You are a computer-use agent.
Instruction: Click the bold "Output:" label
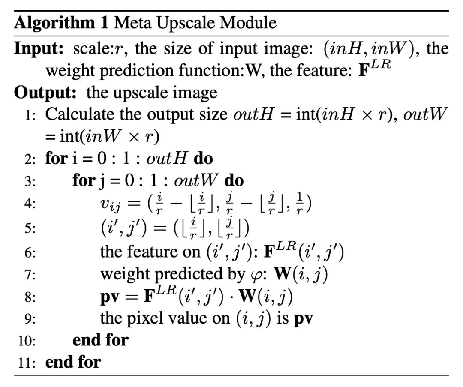(x=46, y=92)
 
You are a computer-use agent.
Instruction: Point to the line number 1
(x=30, y=115)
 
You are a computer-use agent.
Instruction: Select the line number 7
(x=30, y=275)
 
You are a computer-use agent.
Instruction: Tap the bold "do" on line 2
(x=203, y=159)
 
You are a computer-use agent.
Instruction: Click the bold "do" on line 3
(x=234, y=180)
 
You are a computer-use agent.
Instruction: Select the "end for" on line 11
(x=72, y=363)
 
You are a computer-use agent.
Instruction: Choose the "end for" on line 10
(x=100, y=340)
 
